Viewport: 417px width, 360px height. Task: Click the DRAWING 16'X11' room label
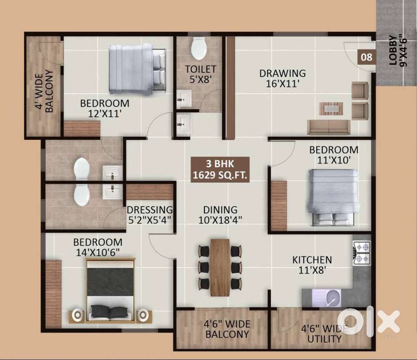pyautogui.click(x=282, y=78)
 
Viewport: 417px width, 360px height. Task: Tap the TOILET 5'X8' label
pyautogui.click(x=200, y=74)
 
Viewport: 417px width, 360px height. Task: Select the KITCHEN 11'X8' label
pyautogui.click(x=312, y=265)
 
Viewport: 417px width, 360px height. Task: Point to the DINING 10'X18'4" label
pyautogui.click(x=220, y=215)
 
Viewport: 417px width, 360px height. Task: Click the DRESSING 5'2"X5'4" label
pyautogui.click(x=150, y=215)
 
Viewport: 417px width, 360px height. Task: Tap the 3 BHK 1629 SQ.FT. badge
pyautogui.click(x=220, y=169)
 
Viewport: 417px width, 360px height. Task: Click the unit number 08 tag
pyautogui.click(x=367, y=57)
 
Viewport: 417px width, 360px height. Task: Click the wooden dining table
pyautogui.click(x=220, y=267)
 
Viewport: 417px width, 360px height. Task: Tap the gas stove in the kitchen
pyautogui.click(x=362, y=252)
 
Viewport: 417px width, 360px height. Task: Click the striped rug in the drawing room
pyautogui.click(x=331, y=108)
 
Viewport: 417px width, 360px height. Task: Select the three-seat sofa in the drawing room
pyautogui.click(x=329, y=127)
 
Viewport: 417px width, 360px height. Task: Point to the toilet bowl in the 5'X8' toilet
pyautogui.click(x=198, y=48)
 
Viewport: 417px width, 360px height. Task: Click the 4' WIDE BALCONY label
pyautogui.click(x=44, y=91)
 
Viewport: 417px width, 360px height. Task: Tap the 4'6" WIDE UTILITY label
pyautogui.click(x=324, y=334)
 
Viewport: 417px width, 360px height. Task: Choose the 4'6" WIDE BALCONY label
pyautogui.click(x=227, y=329)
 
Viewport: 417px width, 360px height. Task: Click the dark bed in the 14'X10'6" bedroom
pyautogui.click(x=111, y=290)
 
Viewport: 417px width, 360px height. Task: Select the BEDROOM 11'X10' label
pyautogui.click(x=334, y=155)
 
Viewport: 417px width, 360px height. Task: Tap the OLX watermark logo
pyautogui.click(x=369, y=322)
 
